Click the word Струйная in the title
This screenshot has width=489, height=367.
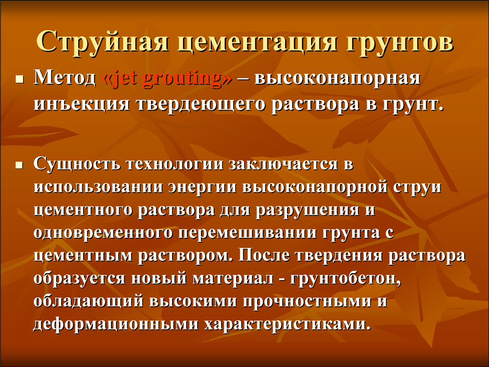103,42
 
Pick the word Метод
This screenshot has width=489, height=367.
65,77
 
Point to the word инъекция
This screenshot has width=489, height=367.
81,104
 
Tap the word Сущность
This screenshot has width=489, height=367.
77,163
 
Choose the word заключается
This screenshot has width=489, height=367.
283,164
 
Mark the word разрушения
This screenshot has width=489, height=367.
307,210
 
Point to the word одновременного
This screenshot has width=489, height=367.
103,233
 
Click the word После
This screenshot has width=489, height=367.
264,255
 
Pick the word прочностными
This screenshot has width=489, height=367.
307,301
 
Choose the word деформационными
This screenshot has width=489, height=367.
116,324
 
